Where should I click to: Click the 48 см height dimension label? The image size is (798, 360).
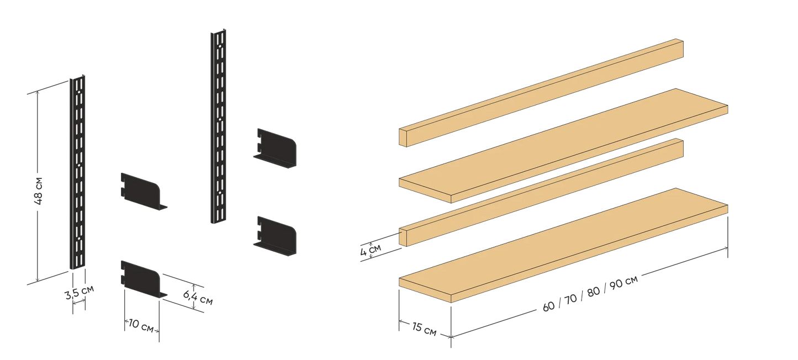coord(39,190)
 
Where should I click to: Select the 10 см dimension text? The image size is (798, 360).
coord(141,326)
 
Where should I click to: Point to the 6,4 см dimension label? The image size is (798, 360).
coord(198,298)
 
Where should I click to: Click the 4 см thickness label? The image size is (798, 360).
coord(371,250)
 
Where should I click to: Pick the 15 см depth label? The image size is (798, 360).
coord(424,329)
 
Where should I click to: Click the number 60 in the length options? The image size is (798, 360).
coord(548,306)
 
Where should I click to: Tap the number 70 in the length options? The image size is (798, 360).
coord(570,299)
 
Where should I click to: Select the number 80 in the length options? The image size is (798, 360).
coord(593,292)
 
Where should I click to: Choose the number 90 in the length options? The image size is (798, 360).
coord(616,284)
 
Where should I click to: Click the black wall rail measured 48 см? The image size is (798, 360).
coord(77,172)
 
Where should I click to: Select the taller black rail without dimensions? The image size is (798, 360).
coord(218,126)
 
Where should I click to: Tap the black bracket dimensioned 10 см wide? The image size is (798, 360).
coord(144,279)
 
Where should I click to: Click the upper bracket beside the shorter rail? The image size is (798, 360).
coord(144,191)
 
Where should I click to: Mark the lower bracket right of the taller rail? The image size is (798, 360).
coord(275,236)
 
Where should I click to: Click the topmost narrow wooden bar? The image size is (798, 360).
coord(541,93)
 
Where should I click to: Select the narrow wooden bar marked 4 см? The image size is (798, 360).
coord(541,192)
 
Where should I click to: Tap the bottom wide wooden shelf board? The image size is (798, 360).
coord(563,245)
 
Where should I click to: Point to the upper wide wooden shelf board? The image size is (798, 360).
coord(563,146)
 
